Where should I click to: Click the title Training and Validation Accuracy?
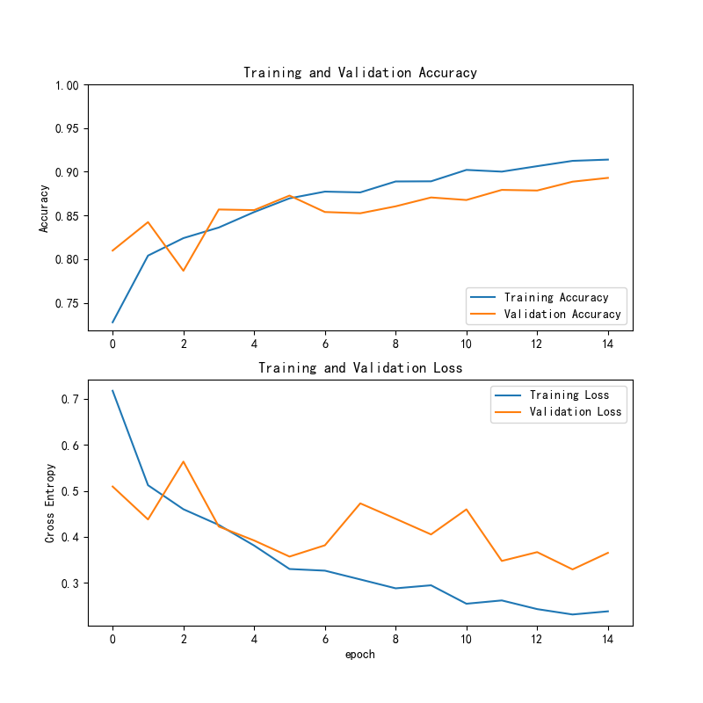pyautogui.click(x=360, y=73)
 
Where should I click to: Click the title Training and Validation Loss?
pyautogui.click(x=360, y=368)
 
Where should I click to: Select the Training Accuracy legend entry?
pyautogui.click(x=555, y=297)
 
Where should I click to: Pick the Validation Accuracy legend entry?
pyautogui.click(x=562, y=314)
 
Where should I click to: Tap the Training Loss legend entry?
pyautogui.click(x=569, y=395)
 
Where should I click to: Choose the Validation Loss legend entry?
pyautogui.click(x=575, y=411)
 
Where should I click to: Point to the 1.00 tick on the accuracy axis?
pyautogui.click(x=67, y=85)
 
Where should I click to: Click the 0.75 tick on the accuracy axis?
pyautogui.click(x=67, y=303)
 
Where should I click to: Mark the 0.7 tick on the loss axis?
pyautogui.click(x=70, y=399)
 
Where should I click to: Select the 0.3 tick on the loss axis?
pyautogui.click(x=70, y=583)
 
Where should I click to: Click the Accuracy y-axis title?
pyautogui.click(x=44, y=207)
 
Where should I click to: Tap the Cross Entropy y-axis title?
pyautogui.click(x=50, y=503)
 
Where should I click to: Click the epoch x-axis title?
pyautogui.click(x=360, y=654)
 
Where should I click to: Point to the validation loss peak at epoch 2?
pyautogui.click(x=184, y=461)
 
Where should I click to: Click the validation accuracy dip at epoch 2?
pyautogui.click(x=184, y=270)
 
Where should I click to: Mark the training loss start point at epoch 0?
pyautogui.click(x=112, y=391)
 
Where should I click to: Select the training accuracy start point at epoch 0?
pyautogui.click(x=112, y=323)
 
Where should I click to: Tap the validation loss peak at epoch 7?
pyautogui.click(x=360, y=504)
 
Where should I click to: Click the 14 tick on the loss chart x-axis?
pyautogui.click(x=608, y=638)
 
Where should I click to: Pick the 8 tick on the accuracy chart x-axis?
pyautogui.click(x=395, y=343)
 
